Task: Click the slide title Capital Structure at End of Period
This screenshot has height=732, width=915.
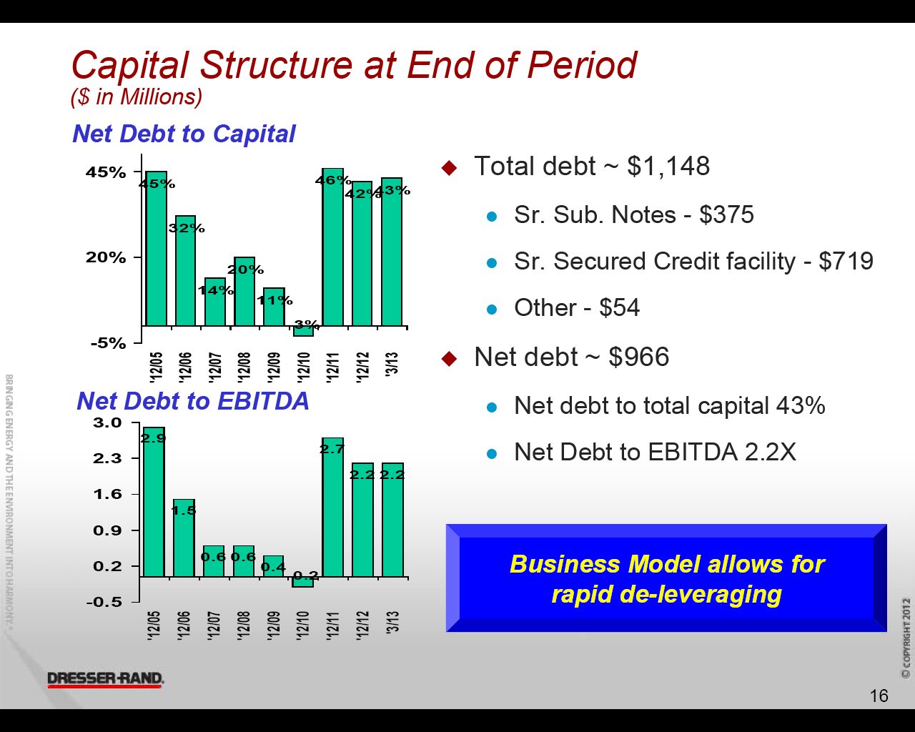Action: click(354, 65)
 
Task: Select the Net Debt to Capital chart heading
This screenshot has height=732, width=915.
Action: click(184, 134)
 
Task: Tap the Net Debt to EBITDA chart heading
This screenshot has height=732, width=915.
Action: click(192, 401)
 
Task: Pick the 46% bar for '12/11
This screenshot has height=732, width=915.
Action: click(333, 247)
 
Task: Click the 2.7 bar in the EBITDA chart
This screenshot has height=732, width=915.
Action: click(333, 508)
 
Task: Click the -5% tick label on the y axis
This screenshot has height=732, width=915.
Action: click(108, 343)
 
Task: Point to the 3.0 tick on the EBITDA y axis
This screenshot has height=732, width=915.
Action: click(108, 422)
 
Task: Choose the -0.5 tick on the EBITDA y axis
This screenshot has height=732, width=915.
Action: click(104, 602)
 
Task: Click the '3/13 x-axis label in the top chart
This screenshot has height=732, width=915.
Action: click(392, 363)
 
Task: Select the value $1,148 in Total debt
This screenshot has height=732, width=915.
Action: click(668, 167)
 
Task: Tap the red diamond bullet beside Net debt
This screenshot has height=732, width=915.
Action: click(449, 358)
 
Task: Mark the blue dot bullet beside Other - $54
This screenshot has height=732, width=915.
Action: click(491, 310)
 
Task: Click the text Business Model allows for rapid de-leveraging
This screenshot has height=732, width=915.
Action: click(666, 579)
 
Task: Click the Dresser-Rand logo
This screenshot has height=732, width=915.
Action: click(106, 679)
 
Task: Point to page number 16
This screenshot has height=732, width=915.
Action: click(879, 696)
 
